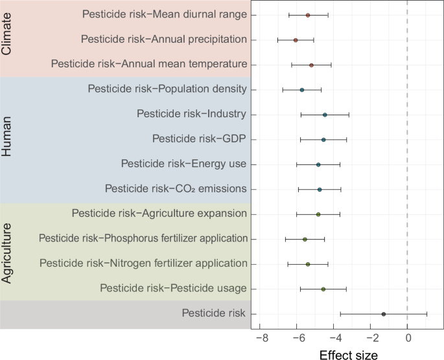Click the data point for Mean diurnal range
coord(308,15)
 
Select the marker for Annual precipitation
coord(296,40)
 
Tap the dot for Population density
coord(302,90)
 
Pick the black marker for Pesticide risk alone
coord(384,314)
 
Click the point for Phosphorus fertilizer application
coord(305,240)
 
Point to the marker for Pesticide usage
coord(323,289)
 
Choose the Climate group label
coord(7,39)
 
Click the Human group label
coord(7,140)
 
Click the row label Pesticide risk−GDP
coord(199,139)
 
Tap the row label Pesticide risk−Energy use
coord(183,164)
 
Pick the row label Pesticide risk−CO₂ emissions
coord(176,189)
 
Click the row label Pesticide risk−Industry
coord(191,115)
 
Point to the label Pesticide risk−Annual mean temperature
coord(148,65)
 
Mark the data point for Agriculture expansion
coord(318,214)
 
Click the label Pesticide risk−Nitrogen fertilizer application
coord(143,264)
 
